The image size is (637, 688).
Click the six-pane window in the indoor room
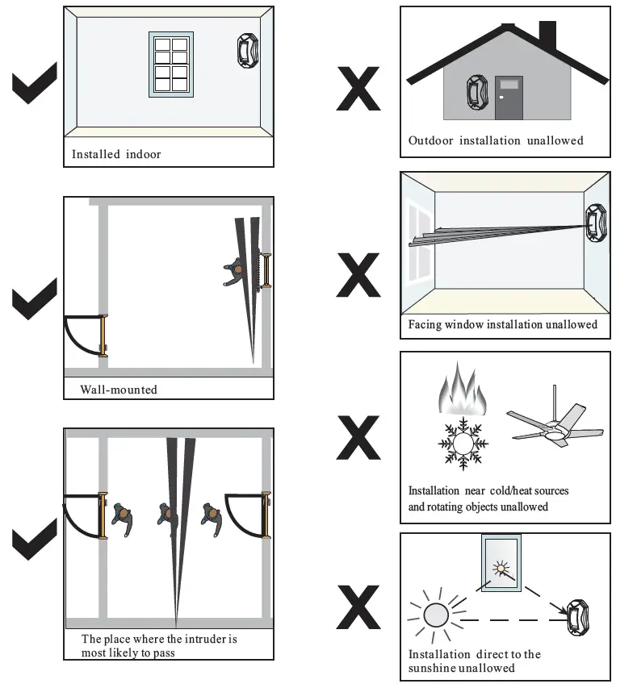click(x=170, y=65)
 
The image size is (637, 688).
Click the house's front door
click(x=509, y=98)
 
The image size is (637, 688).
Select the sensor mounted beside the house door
click(x=475, y=92)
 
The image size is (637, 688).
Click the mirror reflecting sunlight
click(x=500, y=564)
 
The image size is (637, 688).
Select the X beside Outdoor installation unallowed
click(x=358, y=90)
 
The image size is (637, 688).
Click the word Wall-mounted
click(x=119, y=390)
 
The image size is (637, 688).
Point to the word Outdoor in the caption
click(x=430, y=140)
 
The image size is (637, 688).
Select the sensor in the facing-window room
click(x=596, y=220)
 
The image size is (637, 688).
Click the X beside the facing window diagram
click(x=358, y=275)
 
